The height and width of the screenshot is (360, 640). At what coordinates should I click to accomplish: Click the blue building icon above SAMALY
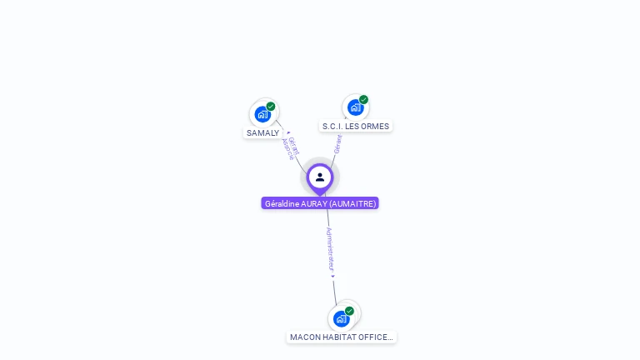click(x=262, y=114)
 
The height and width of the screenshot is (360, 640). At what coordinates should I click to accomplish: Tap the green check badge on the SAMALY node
click(x=271, y=106)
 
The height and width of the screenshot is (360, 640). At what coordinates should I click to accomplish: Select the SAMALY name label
click(x=262, y=133)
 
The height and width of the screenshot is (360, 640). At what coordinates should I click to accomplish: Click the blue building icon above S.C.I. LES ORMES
click(x=355, y=107)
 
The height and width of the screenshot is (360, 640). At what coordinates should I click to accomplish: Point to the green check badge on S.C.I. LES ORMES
click(x=363, y=99)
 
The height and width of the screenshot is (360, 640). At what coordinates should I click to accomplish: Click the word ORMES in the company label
click(x=375, y=127)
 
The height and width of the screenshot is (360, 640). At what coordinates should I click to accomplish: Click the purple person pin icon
click(x=320, y=177)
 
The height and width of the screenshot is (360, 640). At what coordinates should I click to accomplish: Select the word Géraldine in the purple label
click(x=282, y=203)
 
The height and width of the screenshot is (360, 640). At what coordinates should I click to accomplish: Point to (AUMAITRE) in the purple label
click(x=353, y=203)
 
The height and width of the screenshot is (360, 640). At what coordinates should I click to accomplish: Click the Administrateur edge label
click(x=330, y=249)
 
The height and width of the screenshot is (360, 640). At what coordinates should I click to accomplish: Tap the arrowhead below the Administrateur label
click(x=332, y=276)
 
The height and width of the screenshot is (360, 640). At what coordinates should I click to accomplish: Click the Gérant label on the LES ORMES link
click(x=338, y=143)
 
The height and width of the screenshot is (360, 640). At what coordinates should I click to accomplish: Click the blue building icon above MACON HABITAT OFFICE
click(x=341, y=318)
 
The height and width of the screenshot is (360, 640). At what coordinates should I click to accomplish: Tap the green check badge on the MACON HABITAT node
click(x=349, y=311)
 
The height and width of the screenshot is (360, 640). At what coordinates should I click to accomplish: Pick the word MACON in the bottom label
click(x=303, y=337)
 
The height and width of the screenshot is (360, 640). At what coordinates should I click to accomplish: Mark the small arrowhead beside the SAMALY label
click(x=288, y=132)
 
